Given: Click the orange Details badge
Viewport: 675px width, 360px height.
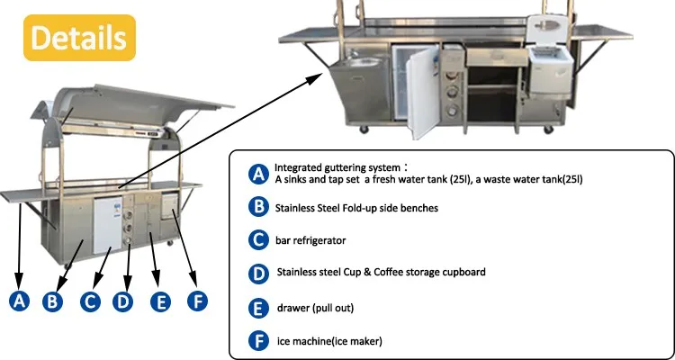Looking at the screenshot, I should coord(80,37).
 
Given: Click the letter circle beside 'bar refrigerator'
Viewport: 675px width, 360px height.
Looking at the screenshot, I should coord(258,239).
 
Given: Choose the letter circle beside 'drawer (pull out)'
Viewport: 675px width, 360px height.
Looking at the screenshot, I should coord(258,308).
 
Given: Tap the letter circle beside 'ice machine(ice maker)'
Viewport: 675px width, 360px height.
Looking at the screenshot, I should coord(258,341).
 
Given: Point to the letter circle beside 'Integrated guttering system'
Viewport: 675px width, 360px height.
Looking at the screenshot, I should coord(258,173).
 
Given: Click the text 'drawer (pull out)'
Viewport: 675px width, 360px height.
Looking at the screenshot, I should coord(315,308).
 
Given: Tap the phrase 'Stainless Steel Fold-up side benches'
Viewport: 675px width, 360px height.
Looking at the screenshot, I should coord(358,207).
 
